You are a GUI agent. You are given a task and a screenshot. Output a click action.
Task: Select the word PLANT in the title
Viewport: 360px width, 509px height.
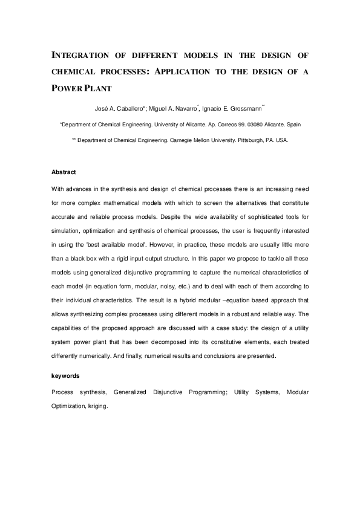pos(97,86)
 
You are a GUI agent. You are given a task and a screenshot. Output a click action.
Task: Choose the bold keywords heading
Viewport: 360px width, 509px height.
pos(66,375)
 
